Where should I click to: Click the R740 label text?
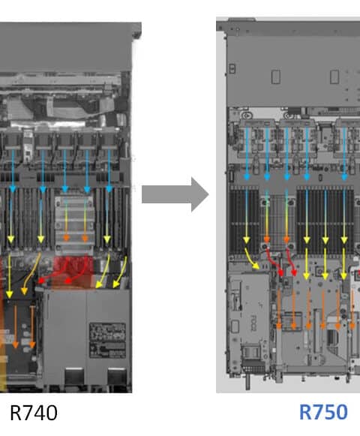click(x=34, y=413)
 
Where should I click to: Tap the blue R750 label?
click(x=323, y=412)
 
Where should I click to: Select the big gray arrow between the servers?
click(x=175, y=194)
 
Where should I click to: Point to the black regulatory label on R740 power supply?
click(x=107, y=340)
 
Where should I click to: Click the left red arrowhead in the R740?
click(x=40, y=281)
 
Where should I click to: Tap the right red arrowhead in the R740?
click(x=67, y=281)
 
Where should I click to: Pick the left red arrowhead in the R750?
click(x=280, y=272)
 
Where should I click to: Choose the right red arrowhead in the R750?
click(x=294, y=272)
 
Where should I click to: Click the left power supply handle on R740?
click(x=73, y=376)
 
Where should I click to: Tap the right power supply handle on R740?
click(x=116, y=376)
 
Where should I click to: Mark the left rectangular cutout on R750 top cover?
click(x=276, y=77)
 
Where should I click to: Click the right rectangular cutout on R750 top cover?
click(x=334, y=77)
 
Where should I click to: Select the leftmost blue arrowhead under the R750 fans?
click(x=247, y=176)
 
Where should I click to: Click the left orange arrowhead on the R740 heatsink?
click(x=66, y=237)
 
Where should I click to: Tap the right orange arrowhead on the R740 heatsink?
click(x=85, y=238)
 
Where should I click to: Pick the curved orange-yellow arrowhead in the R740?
click(x=24, y=291)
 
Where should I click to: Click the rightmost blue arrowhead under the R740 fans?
click(x=109, y=189)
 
